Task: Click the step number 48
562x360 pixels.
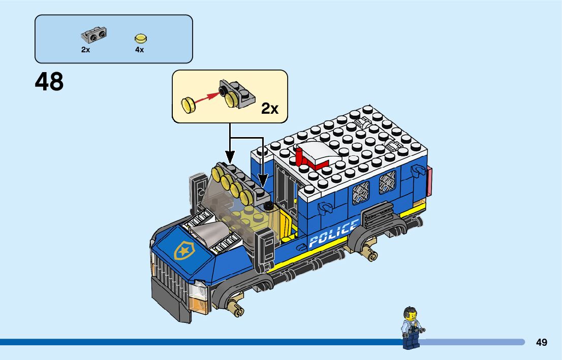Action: pyautogui.click(x=50, y=82)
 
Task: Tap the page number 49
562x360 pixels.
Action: pyautogui.click(x=541, y=342)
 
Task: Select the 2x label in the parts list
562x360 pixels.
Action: pyautogui.click(x=85, y=50)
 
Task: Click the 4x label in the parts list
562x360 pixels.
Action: pyautogui.click(x=139, y=50)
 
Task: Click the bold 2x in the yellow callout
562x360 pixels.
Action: pyautogui.click(x=270, y=108)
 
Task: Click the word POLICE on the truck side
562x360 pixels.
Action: pyautogui.click(x=333, y=234)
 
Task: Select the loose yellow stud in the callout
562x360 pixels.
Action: pyautogui.click(x=189, y=106)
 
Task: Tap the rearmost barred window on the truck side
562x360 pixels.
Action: pyautogui.click(x=387, y=181)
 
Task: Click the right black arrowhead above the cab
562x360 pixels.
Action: pyautogui.click(x=263, y=180)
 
